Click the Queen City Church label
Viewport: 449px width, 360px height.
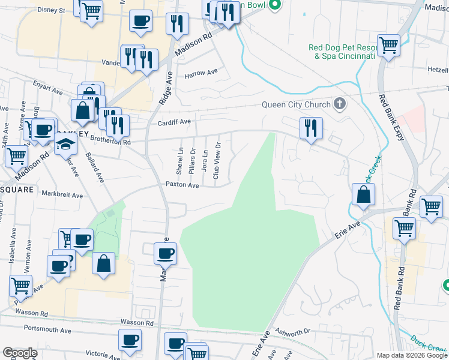tap(296, 104)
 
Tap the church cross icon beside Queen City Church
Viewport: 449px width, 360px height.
tap(339, 104)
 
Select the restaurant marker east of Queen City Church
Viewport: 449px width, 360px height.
tap(311, 128)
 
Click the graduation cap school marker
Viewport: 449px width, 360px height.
tap(66, 144)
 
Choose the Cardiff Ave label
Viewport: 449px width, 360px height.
tap(175, 121)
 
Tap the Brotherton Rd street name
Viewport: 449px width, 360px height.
tap(110, 142)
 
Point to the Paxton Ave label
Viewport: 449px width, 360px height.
tap(182, 185)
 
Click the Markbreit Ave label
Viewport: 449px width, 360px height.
tap(62, 194)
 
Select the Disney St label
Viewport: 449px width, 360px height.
tap(51, 10)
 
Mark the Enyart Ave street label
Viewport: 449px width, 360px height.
tap(47, 88)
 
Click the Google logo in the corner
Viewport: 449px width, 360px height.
tap(20, 353)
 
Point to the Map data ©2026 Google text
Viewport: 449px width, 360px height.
tap(411, 355)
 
